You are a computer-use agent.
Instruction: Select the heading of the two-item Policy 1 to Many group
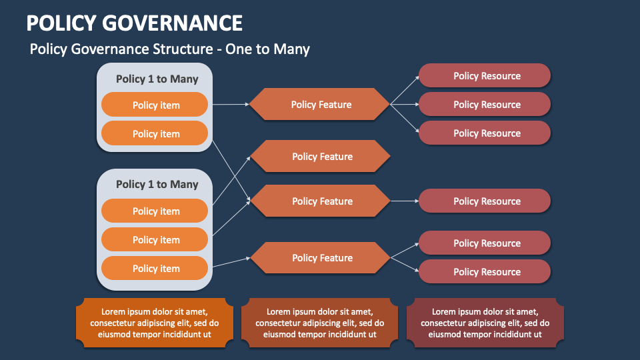pos(157,79)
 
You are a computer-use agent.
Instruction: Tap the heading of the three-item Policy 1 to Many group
pos(157,184)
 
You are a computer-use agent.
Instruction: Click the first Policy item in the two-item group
pos(155,105)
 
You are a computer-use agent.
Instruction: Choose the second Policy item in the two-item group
pos(155,133)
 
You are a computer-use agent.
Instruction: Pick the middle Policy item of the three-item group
pos(155,239)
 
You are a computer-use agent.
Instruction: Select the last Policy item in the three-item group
pos(155,268)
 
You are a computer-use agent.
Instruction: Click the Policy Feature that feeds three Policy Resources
pos(320,104)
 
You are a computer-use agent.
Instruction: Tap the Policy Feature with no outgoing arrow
pos(320,157)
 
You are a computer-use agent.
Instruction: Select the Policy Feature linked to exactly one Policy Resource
pos(320,201)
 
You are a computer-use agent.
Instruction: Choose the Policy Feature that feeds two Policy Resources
pos(320,257)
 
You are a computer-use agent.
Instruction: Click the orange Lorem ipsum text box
pos(155,323)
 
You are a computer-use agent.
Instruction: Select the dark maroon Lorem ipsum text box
pos(485,323)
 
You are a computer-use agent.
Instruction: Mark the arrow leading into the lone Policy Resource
pos(404,201)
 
